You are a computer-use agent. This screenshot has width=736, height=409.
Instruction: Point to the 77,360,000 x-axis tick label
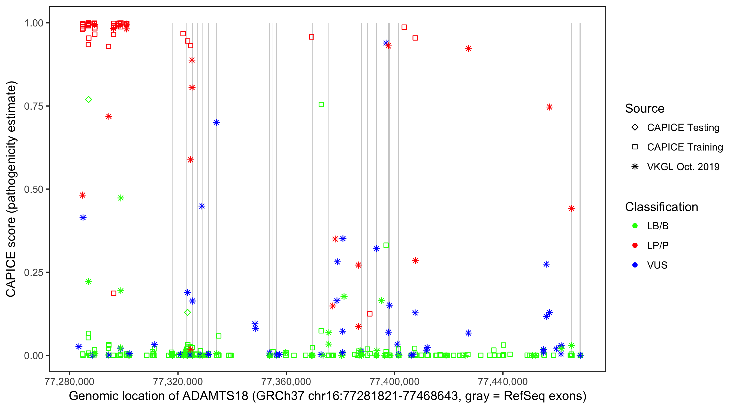click(x=286, y=381)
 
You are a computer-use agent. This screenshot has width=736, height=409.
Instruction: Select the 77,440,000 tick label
click(x=503, y=381)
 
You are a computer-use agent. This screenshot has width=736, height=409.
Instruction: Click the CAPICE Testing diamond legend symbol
click(x=635, y=128)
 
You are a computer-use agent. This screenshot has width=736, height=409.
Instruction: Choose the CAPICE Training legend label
click(x=685, y=147)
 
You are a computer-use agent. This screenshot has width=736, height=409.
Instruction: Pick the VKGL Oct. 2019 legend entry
click(x=683, y=167)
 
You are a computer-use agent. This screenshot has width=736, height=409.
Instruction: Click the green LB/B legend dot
click(x=635, y=226)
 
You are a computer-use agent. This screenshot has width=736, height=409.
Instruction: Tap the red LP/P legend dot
click(x=635, y=245)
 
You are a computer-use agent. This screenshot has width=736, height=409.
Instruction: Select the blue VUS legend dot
click(x=635, y=265)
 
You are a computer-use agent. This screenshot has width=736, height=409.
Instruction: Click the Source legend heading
click(x=645, y=109)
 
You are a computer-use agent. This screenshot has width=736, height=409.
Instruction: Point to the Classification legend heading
click(x=661, y=207)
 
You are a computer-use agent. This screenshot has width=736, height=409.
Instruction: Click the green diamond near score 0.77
click(x=89, y=100)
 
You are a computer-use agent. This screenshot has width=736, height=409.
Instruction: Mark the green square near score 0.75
click(x=321, y=105)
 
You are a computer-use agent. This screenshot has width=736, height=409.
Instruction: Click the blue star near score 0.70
click(x=216, y=122)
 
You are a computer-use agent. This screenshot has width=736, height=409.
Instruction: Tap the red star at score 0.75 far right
click(x=550, y=107)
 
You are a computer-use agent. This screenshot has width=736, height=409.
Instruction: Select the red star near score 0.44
click(x=571, y=208)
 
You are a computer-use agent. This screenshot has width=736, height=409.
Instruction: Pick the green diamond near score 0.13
click(x=188, y=312)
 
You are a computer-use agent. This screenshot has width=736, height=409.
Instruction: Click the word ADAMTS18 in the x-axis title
click(x=215, y=396)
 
